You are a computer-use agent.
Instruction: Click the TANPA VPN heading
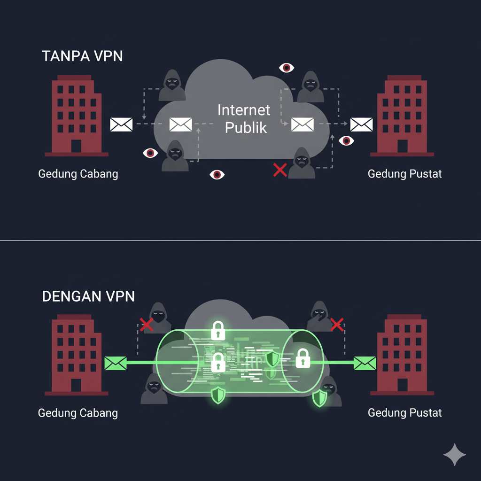click(x=82, y=56)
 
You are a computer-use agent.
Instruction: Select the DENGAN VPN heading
click(x=88, y=296)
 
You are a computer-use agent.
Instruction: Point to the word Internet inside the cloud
click(x=244, y=110)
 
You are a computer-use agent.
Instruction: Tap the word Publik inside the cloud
click(x=246, y=127)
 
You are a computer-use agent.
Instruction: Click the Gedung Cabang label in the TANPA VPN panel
click(x=78, y=174)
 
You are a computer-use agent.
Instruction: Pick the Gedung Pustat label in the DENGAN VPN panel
click(x=404, y=413)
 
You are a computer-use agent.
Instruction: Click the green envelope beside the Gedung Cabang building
click(x=116, y=363)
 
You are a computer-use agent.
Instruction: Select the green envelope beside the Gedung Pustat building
click(x=365, y=363)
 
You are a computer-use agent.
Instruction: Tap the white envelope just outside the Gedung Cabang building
click(x=121, y=124)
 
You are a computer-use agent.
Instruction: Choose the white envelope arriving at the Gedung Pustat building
click(x=361, y=124)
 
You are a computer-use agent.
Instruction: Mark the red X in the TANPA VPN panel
click(x=280, y=170)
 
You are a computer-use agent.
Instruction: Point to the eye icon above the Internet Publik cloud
click(x=286, y=68)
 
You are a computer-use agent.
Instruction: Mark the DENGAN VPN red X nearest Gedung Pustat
click(x=336, y=324)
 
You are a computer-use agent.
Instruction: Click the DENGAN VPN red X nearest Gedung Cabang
click(x=147, y=324)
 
